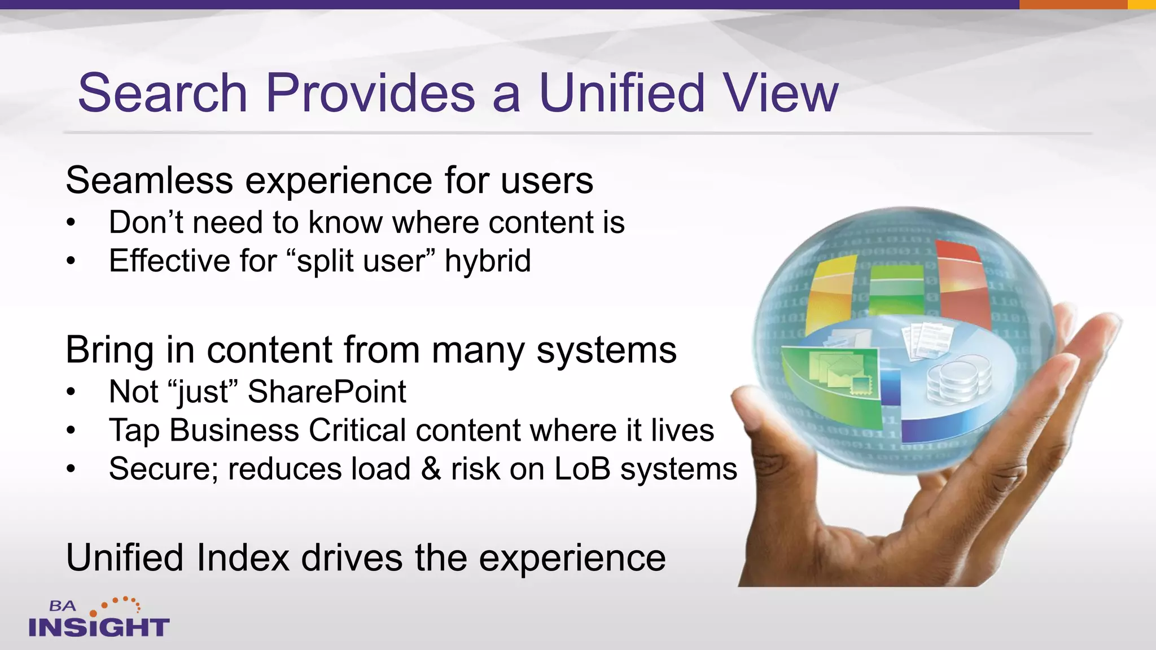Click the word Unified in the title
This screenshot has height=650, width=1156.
(x=621, y=93)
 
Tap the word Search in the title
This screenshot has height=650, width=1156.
(x=163, y=93)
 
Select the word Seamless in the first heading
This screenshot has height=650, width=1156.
(x=149, y=181)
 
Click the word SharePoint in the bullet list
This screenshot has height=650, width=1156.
(x=327, y=392)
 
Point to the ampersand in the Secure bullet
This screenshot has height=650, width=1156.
(x=431, y=469)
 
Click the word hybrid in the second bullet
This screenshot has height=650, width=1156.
(x=488, y=261)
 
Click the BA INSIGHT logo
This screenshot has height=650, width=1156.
(x=99, y=618)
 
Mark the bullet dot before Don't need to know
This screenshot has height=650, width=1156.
(x=71, y=223)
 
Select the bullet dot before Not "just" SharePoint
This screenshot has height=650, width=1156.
(x=71, y=392)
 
